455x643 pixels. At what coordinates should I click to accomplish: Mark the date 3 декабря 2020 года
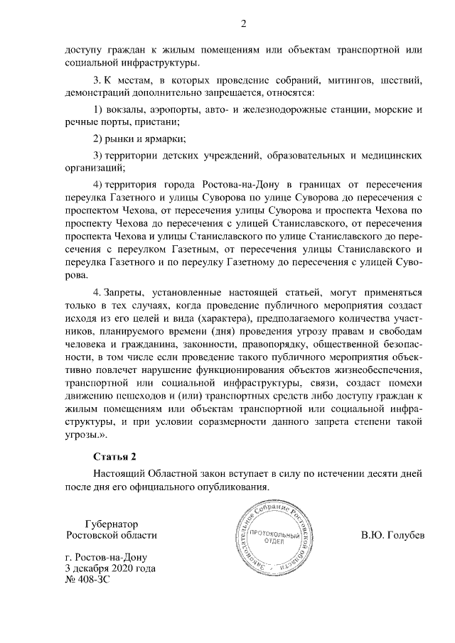pyautogui.click(x=109, y=568)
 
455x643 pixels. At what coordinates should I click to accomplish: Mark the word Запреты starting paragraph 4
pyautogui.click(x=126, y=291)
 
